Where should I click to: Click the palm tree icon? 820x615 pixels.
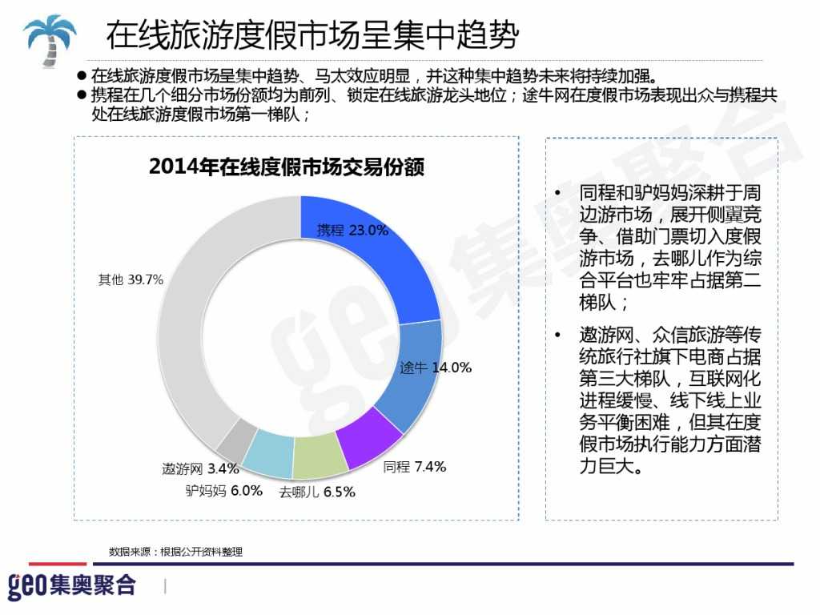tap(50, 38)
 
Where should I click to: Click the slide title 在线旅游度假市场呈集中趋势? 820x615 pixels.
tap(312, 35)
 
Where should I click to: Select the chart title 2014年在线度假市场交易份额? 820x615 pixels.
tap(286, 167)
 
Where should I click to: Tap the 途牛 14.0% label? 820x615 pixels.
tap(435, 368)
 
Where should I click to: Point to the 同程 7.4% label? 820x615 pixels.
tap(414, 467)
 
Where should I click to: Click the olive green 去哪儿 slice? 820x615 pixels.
tap(318, 457)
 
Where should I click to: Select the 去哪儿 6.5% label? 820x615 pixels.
tap(316, 492)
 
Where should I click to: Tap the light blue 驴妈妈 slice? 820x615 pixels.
tap(269, 452)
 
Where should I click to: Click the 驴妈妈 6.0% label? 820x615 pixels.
tap(223, 491)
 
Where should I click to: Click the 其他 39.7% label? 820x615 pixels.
tap(131, 279)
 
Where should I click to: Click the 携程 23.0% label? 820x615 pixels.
tap(352, 230)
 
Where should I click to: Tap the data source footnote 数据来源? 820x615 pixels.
tap(175, 552)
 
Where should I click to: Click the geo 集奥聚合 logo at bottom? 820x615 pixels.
tap(72, 585)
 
